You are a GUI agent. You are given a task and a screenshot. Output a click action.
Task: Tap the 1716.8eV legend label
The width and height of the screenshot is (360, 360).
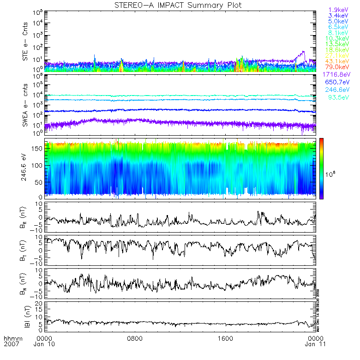(336, 74)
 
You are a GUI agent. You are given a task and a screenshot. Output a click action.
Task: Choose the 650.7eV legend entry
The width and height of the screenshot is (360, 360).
(337, 82)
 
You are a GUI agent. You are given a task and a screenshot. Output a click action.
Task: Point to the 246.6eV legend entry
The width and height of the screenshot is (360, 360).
(337, 90)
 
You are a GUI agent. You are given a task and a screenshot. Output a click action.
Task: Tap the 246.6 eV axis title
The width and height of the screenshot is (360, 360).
(26, 168)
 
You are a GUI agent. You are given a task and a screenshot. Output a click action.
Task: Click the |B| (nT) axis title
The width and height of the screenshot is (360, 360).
(26, 317)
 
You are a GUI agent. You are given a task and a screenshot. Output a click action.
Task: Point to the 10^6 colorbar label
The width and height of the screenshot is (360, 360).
(330, 174)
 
